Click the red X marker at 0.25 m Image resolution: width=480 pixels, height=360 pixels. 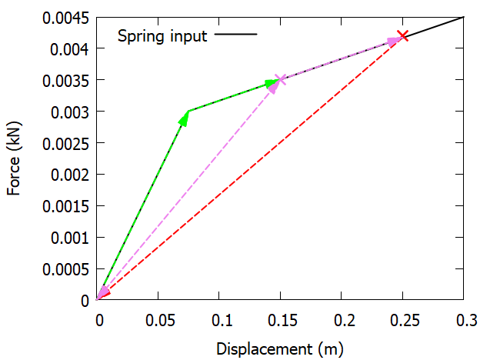point(402,35)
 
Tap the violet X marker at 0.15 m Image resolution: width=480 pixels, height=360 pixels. point(280,79)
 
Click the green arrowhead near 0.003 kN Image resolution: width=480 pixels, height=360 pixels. point(185,118)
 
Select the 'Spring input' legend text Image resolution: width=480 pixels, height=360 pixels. point(162,35)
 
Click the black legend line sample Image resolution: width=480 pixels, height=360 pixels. point(236,35)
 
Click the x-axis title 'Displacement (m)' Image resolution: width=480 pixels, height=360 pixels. point(280,348)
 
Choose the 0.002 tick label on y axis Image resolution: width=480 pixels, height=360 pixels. point(70,175)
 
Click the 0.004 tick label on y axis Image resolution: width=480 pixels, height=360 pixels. point(70,49)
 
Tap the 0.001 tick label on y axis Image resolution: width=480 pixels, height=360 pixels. point(70,238)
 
